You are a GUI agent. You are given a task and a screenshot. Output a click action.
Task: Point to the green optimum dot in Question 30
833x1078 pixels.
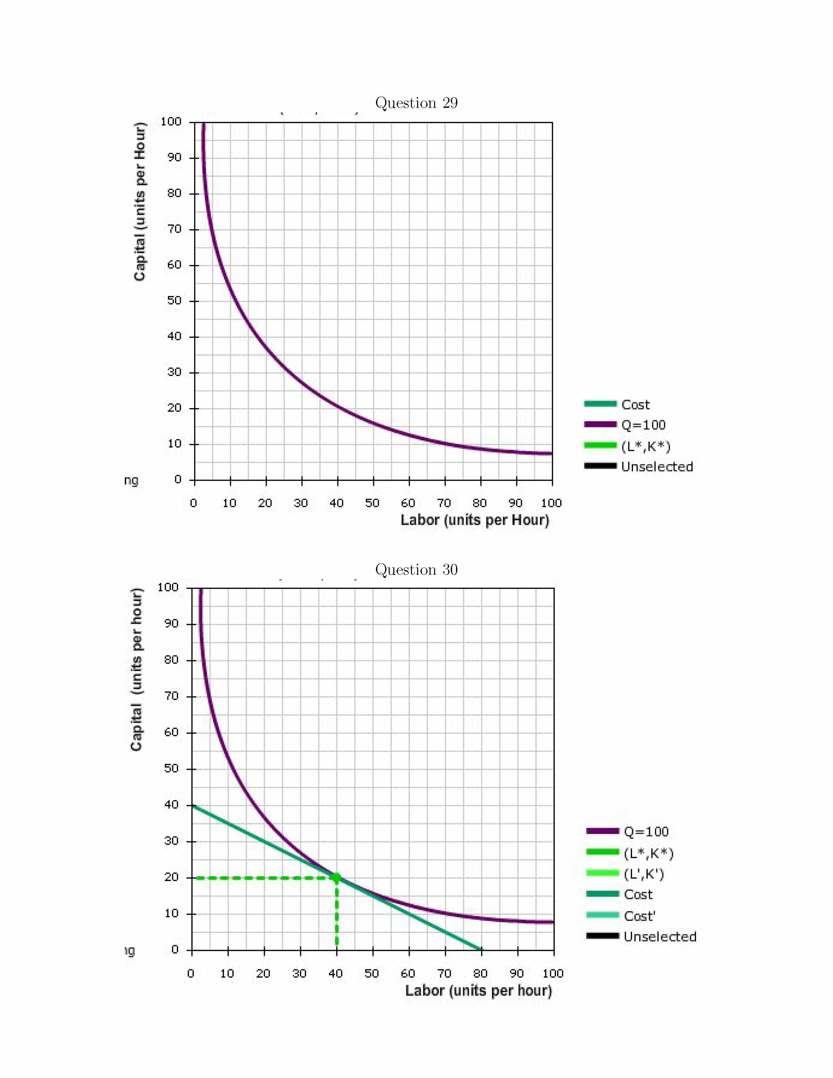(336, 878)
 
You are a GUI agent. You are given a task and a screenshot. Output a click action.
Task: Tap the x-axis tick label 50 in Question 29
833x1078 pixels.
(372, 503)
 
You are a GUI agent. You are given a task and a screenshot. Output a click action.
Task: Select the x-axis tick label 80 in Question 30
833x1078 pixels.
(480, 973)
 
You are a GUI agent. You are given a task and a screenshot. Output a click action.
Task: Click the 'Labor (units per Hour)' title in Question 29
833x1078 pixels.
(475, 520)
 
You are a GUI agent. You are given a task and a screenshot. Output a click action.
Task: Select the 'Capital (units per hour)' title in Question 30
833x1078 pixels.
(137, 669)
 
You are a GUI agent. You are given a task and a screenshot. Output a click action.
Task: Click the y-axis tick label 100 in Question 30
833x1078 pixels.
(168, 587)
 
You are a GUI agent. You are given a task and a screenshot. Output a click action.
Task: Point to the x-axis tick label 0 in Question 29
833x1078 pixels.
(193, 503)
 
